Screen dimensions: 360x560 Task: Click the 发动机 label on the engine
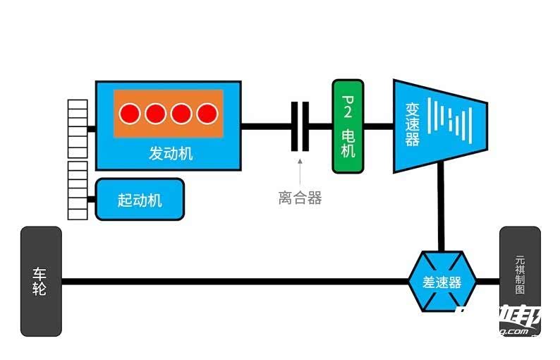coord(170,153)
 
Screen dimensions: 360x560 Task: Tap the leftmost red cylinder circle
coord(130,113)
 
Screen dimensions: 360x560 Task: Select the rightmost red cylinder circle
coord(207,113)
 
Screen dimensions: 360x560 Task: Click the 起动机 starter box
coord(140,200)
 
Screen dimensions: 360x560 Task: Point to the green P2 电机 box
coord(348,126)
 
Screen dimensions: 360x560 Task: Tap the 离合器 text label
coord(300,198)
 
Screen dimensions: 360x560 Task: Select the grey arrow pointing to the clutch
coord(300,172)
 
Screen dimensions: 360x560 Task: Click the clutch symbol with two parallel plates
coord(300,126)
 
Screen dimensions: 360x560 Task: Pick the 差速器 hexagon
coord(442,282)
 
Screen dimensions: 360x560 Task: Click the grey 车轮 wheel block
coord(41,281)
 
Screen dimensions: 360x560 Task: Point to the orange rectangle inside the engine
coord(169,113)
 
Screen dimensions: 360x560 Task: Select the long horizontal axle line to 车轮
coord(233,282)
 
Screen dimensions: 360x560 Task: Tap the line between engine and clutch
coord(266,126)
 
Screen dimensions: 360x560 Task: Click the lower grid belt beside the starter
coord(78,191)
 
